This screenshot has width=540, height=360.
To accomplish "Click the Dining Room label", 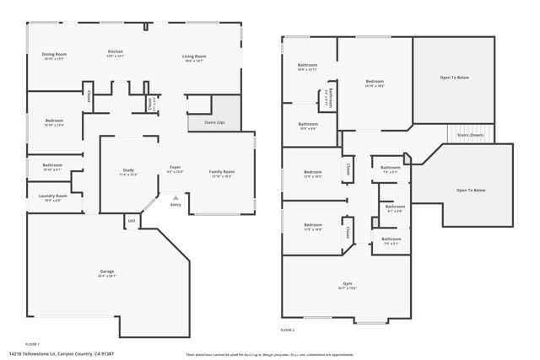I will (54, 54).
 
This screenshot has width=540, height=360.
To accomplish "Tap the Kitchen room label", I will (115, 51).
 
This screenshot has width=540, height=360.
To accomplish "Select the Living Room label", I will (194, 56).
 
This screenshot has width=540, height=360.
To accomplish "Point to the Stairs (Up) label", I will (215, 122).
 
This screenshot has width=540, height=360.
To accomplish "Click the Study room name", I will (128, 170).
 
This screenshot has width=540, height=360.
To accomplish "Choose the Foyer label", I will (175, 167).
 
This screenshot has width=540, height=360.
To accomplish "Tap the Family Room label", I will (223, 171).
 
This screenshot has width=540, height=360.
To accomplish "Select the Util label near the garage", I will (131, 221).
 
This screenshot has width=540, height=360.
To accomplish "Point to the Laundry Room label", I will (52, 196).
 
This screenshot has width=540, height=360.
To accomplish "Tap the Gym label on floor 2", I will (348, 283).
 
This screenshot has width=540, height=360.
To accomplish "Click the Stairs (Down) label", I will (470, 135).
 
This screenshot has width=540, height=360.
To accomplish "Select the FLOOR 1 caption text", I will (32, 344).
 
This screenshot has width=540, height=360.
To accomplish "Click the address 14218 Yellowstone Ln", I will (73, 354).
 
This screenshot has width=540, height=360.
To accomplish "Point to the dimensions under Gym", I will (348, 288).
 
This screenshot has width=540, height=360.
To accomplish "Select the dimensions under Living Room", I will (194, 61).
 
